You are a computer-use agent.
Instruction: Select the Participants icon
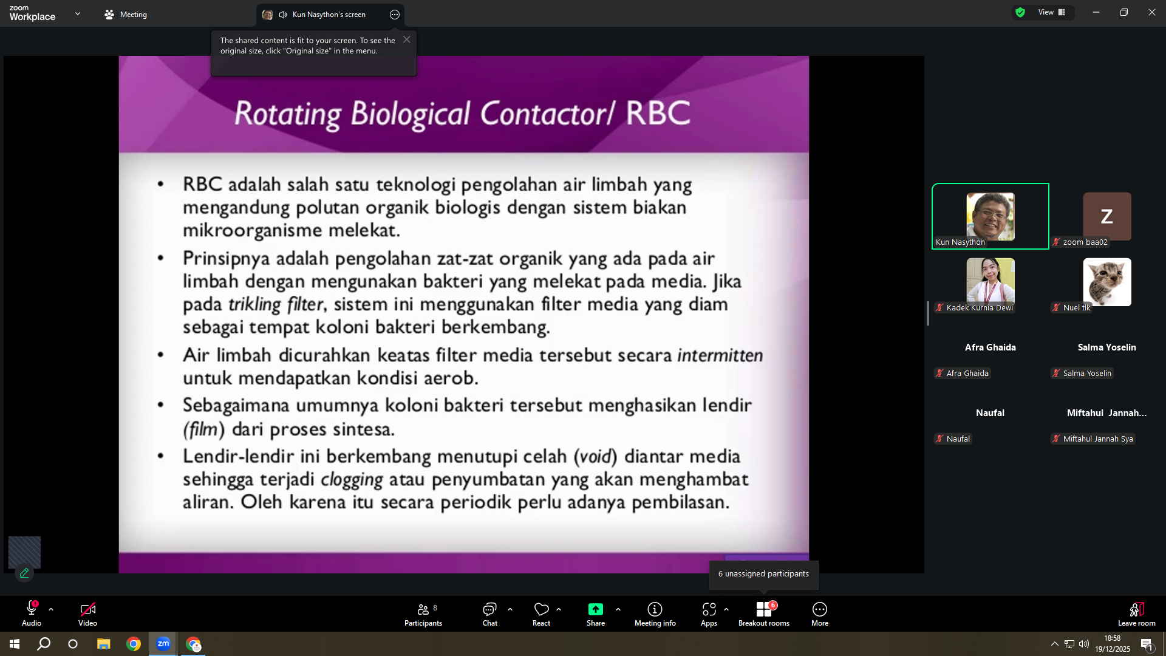[x=423, y=609]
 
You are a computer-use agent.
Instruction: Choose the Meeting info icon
[x=655, y=609]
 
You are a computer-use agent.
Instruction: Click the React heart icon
[x=541, y=609]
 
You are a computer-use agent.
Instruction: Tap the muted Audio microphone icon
[x=32, y=608]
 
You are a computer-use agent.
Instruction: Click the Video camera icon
[x=87, y=609]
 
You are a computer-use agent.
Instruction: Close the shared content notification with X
[x=407, y=39]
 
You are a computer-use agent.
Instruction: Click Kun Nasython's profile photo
[x=990, y=216]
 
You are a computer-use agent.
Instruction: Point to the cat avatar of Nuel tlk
[x=1107, y=282]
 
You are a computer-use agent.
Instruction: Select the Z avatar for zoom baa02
[x=1107, y=216]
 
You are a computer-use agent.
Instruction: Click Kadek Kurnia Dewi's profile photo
[x=990, y=281]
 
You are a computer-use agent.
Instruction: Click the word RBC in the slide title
[x=658, y=113]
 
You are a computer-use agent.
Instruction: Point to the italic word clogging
[x=352, y=480]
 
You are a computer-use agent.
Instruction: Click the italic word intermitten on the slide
[x=720, y=355]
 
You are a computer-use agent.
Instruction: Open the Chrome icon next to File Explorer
[x=134, y=644]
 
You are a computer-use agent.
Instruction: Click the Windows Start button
[x=15, y=644]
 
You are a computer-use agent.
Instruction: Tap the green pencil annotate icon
[x=24, y=573]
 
